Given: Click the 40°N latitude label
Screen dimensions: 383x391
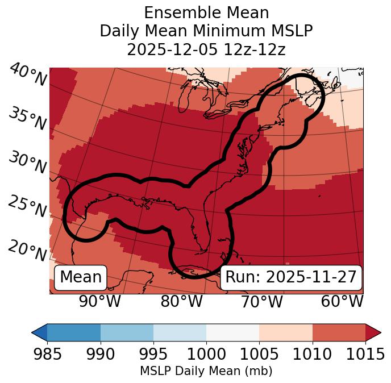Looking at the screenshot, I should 28,75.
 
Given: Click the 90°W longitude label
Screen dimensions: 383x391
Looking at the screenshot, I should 99,301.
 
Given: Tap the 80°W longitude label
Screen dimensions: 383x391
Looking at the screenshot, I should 181,301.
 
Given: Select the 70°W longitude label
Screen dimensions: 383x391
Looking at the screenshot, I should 261,301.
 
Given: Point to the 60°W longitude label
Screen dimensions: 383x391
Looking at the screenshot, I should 342,301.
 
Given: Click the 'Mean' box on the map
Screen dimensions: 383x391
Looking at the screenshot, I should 81,277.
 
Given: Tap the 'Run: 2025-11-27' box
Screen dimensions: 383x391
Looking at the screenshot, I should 291,277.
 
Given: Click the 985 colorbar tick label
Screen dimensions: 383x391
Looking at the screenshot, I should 47,355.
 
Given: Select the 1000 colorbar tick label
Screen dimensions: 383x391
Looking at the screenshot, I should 206,355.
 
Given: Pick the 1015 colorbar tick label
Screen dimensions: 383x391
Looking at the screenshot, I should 365,355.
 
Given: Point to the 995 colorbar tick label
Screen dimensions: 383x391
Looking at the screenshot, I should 153,355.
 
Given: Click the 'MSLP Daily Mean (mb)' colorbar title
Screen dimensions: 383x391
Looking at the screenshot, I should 206,372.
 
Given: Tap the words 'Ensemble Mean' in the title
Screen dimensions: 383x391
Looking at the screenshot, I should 206,13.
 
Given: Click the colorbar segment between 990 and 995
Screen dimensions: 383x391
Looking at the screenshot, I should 127,332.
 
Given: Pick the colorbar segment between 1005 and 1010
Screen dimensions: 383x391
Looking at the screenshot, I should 286,332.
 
